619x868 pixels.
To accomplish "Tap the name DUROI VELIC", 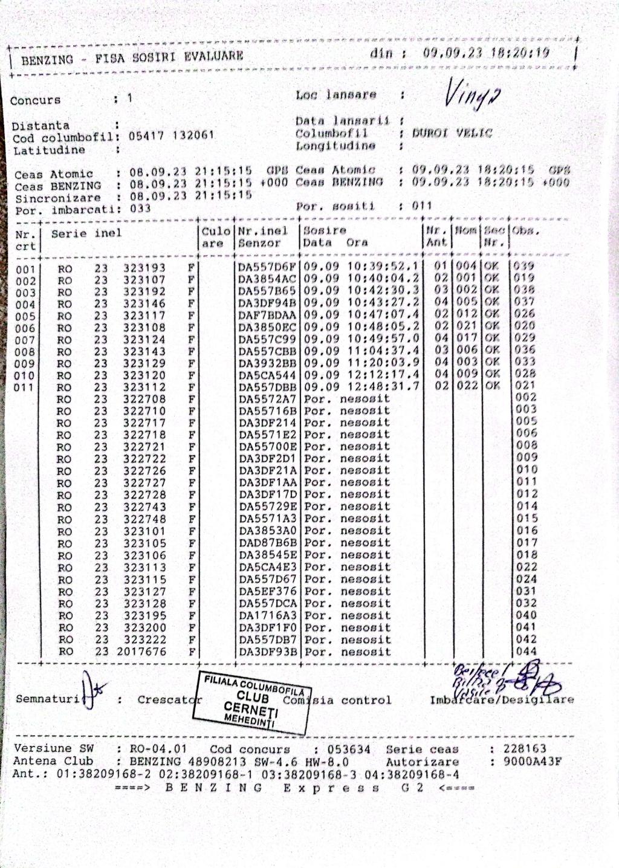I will [452, 133].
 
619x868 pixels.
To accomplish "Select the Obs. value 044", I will [527, 651].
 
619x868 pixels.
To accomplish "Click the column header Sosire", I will [325, 230].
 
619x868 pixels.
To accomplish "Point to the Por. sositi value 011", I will [422, 206].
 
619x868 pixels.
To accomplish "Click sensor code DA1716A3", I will [268, 615].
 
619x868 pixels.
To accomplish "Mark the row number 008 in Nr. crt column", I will [25, 352].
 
